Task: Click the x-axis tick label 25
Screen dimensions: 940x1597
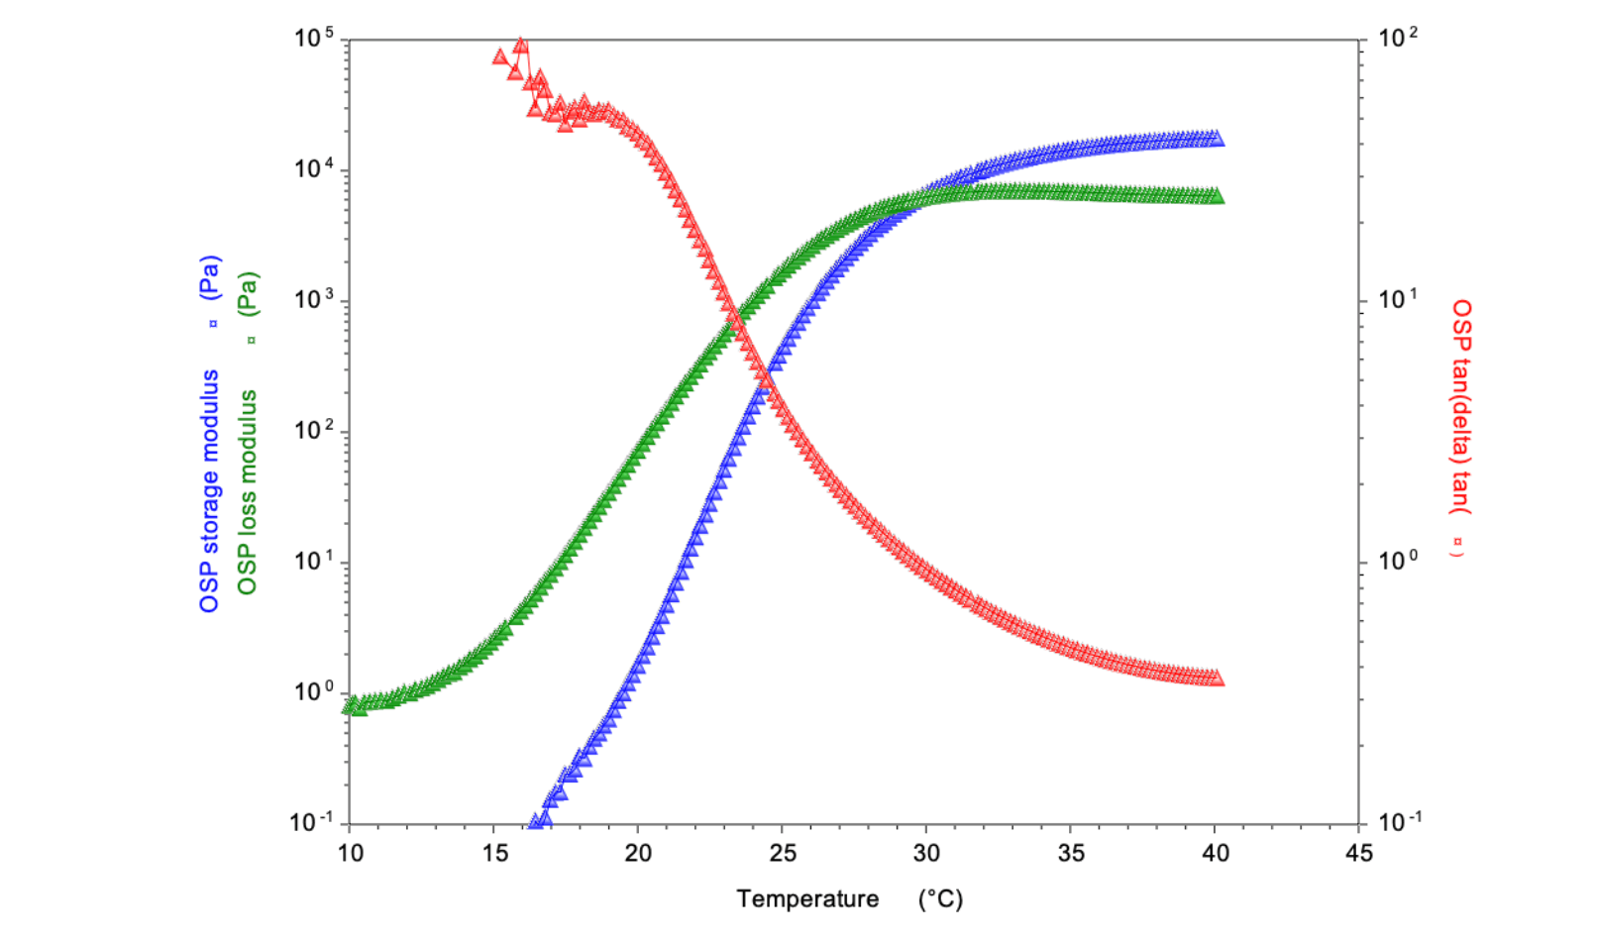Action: (x=782, y=853)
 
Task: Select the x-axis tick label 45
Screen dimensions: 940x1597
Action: (x=1359, y=853)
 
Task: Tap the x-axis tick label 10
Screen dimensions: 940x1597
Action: (x=350, y=853)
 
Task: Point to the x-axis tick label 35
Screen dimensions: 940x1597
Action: (x=1071, y=853)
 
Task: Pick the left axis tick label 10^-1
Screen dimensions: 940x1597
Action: (x=312, y=822)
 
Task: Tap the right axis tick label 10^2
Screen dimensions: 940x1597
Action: (x=1398, y=39)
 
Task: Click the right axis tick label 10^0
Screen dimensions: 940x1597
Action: (x=1398, y=562)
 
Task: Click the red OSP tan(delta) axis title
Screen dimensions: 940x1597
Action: (x=1460, y=426)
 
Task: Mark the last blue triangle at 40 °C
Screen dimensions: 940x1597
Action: (x=1217, y=139)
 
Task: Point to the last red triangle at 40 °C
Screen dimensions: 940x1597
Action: (x=1217, y=679)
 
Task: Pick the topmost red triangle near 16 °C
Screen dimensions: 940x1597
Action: (x=520, y=46)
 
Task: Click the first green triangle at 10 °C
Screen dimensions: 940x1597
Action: (x=349, y=706)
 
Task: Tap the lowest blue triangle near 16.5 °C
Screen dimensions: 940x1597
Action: (x=536, y=821)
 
